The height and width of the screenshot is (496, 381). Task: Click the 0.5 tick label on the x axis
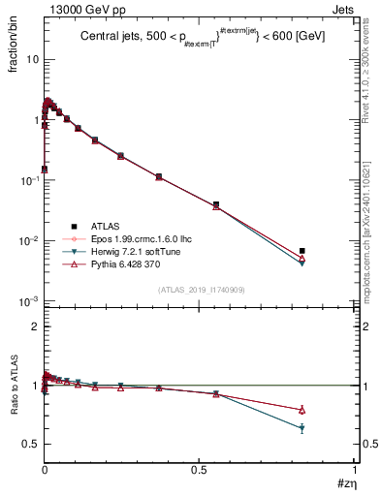point(200,470)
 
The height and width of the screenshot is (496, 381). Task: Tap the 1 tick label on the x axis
point(355,470)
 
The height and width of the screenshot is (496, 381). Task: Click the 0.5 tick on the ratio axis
point(30,444)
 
